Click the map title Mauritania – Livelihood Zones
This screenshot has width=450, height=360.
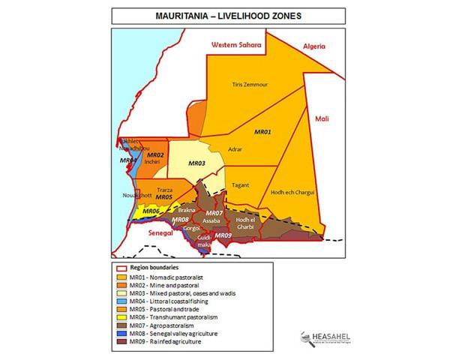[224, 14]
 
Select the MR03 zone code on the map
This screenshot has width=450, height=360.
[196, 163]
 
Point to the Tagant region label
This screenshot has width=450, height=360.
[242, 185]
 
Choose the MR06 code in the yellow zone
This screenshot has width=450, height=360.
[151, 211]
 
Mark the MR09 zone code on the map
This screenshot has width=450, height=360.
[223, 236]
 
